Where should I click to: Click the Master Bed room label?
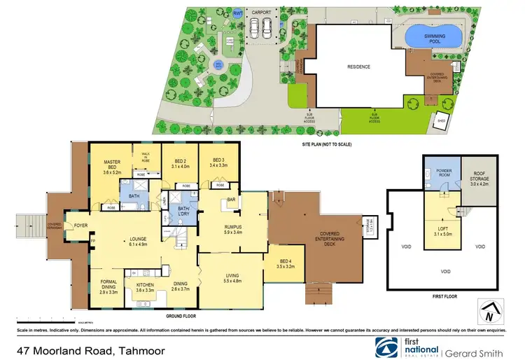pos(112,165)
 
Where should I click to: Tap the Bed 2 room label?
pos(181,162)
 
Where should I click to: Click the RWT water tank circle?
pos(238,13)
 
